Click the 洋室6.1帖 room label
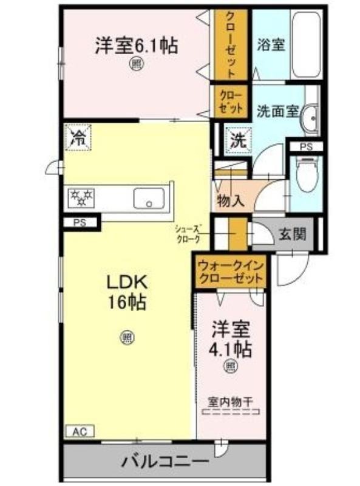[x=137, y=46]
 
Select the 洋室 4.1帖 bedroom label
[x=231, y=340]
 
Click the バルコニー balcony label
[x=165, y=462]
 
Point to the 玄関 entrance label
[x=293, y=234]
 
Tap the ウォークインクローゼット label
[x=231, y=272]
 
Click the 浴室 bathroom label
[x=271, y=45]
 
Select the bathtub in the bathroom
[x=305, y=45]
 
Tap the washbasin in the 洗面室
[x=310, y=118]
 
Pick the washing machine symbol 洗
[x=238, y=141]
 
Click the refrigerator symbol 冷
[x=78, y=137]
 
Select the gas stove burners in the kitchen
[x=81, y=198]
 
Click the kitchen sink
[x=149, y=199]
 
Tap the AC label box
[x=80, y=431]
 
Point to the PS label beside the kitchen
[x=80, y=222]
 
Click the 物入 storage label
[x=231, y=202]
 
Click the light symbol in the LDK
[x=126, y=337]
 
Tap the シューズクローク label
[x=188, y=234]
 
